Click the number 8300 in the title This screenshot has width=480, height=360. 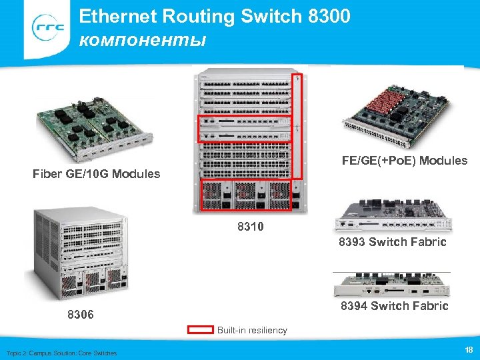pos(329,16)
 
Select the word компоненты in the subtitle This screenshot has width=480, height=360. pos(142,40)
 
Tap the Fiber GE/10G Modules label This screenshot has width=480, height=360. pos(96,174)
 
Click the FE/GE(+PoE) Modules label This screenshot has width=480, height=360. pos(404,161)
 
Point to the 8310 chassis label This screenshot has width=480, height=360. pos(250,227)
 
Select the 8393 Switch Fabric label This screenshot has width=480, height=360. pos(392,242)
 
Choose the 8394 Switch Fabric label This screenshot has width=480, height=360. pos(394,306)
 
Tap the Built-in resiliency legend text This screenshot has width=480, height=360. pos(252,331)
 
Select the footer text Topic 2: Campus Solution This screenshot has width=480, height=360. pos(61,353)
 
